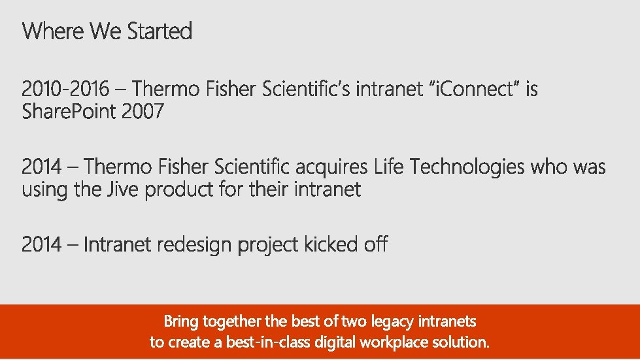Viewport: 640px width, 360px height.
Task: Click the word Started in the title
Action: [x=160, y=31]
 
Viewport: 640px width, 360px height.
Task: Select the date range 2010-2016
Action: [x=66, y=90]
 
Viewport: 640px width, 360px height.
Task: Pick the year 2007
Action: [x=143, y=112]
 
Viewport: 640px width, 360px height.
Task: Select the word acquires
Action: [x=333, y=167]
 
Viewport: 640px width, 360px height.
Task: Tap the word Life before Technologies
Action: [x=389, y=167]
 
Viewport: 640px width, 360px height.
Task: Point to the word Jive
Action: [x=124, y=190]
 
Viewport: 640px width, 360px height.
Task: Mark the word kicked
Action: [x=328, y=245]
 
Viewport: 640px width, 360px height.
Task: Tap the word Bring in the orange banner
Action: [x=181, y=322]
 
